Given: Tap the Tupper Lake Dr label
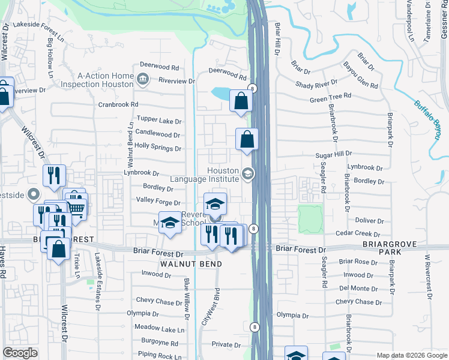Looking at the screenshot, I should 159,121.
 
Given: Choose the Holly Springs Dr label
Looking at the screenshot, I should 158,148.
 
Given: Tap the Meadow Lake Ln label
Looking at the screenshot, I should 159,329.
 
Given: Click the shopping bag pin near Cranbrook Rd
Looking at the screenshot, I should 241,103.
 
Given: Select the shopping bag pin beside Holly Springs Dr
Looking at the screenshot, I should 247,140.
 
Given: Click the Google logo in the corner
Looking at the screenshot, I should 20,353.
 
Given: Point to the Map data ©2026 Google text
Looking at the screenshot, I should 412,355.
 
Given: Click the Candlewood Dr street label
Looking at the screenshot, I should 158,135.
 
